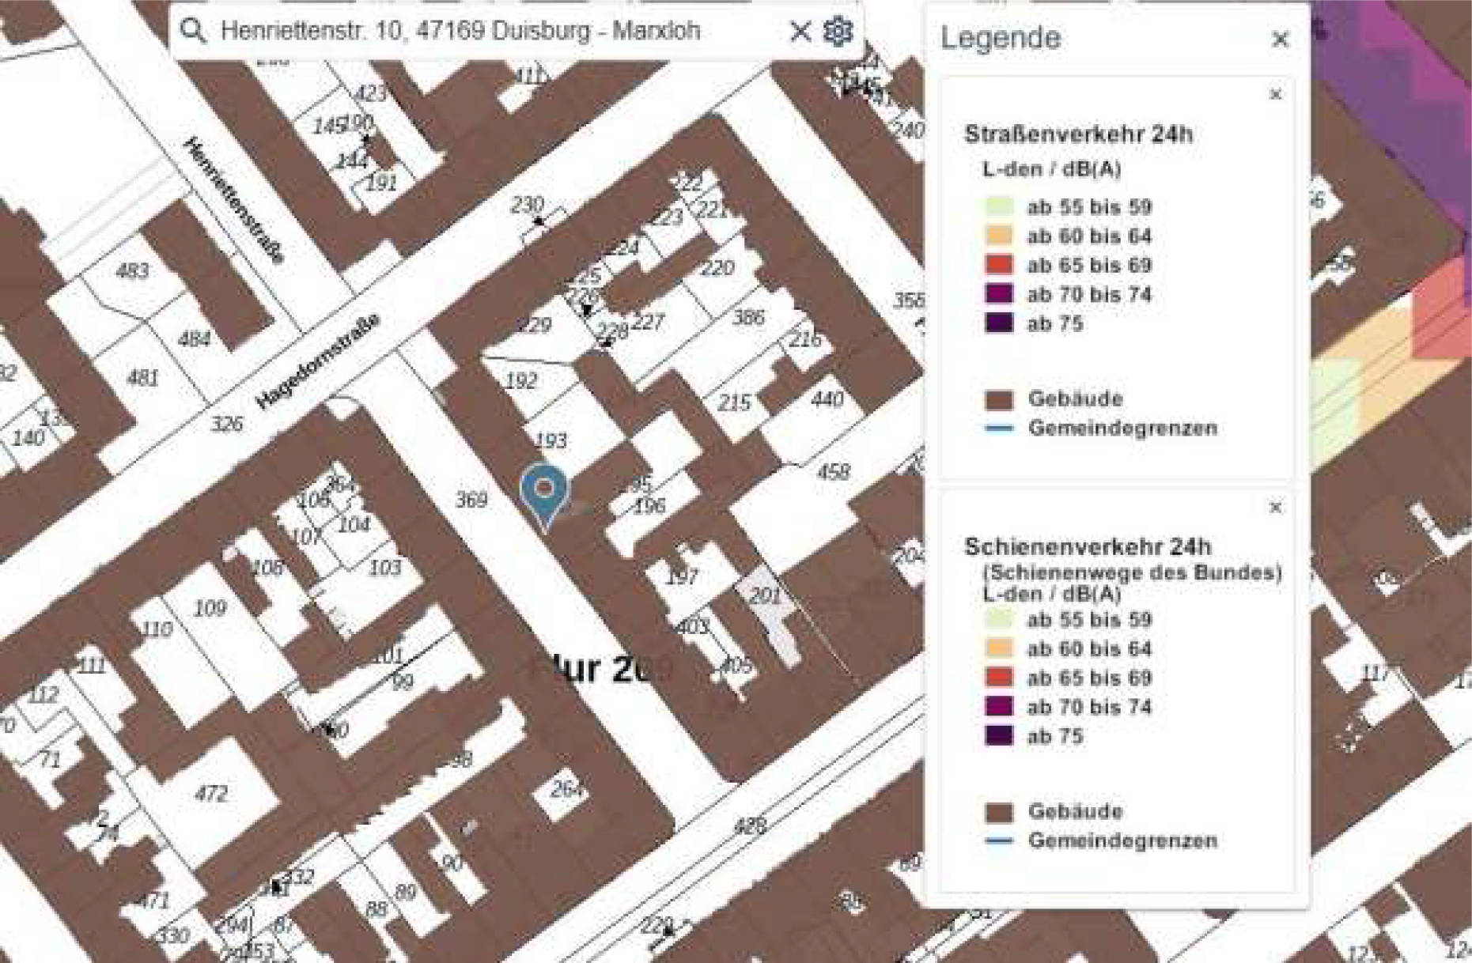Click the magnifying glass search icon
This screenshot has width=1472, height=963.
click(x=193, y=31)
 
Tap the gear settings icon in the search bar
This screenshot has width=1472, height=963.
click(x=838, y=31)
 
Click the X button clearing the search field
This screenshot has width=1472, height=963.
click(x=800, y=31)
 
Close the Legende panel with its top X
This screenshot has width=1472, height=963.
click(x=1280, y=39)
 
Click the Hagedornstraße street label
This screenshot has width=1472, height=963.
click(x=318, y=362)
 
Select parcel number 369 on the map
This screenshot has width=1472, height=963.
click(x=471, y=500)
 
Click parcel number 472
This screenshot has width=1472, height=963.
click(x=210, y=793)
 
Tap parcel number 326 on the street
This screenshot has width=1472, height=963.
click(x=226, y=424)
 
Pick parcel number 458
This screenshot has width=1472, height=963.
click(x=833, y=472)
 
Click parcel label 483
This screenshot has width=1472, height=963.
click(x=132, y=271)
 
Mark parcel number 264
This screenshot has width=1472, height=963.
click(x=566, y=788)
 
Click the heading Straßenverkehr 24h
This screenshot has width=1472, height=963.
click(x=1078, y=134)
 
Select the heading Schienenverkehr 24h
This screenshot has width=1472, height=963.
click(x=1088, y=546)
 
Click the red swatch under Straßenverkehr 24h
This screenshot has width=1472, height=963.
click(x=999, y=265)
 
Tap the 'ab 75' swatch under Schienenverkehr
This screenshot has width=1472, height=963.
click(x=999, y=736)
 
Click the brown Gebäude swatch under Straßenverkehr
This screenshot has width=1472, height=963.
click(x=999, y=399)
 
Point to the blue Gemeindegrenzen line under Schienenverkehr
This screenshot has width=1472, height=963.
click(x=999, y=840)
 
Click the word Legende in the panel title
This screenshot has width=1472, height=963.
click(x=1001, y=38)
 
